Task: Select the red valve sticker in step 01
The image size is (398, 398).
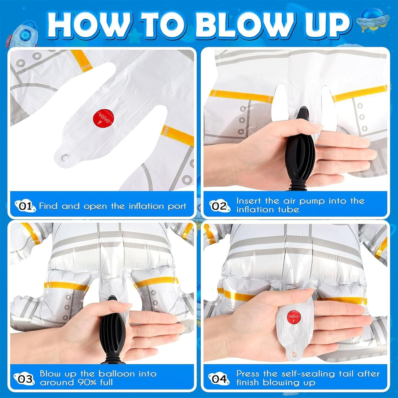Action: [x=103, y=118]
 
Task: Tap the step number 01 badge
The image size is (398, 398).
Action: [x=25, y=206]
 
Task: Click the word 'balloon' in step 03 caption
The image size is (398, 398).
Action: [x=116, y=374]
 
